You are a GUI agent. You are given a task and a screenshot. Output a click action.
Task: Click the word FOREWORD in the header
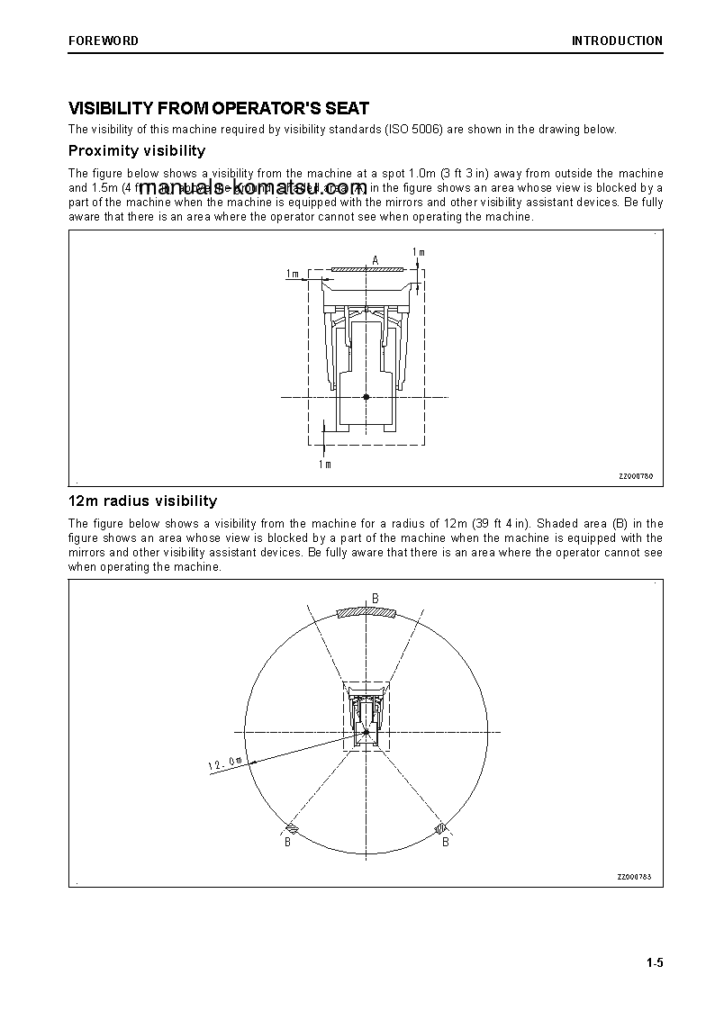tap(104, 41)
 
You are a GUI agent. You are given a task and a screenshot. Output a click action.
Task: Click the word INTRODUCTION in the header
tap(617, 41)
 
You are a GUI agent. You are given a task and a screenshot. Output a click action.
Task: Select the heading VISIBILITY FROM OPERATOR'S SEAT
tap(219, 109)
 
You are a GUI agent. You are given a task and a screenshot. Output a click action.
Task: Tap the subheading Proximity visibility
tap(137, 150)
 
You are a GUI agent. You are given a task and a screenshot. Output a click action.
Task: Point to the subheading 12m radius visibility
tap(142, 501)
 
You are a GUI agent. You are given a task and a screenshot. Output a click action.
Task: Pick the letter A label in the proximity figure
tap(376, 260)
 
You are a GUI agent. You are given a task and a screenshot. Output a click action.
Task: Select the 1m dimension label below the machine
tap(324, 465)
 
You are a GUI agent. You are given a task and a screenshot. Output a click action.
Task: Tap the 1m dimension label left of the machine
tap(293, 273)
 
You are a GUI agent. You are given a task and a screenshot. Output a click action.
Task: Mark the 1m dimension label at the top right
tap(418, 252)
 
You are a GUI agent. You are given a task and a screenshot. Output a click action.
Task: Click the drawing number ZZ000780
tap(635, 476)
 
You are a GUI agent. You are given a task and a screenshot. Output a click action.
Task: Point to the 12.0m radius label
tap(225, 763)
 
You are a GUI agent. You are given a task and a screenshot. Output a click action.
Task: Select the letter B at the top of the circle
tap(376, 598)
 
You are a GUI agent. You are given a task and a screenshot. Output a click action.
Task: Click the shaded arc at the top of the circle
tap(367, 613)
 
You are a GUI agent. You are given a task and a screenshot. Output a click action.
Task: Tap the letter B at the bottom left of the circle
tap(288, 843)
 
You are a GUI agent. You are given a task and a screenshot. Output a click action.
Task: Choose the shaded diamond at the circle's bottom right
tap(441, 827)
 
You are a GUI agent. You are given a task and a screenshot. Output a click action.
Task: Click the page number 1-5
tap(654, 963)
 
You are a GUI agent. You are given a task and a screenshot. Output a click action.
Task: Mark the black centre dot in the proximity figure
tap(366, 396)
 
